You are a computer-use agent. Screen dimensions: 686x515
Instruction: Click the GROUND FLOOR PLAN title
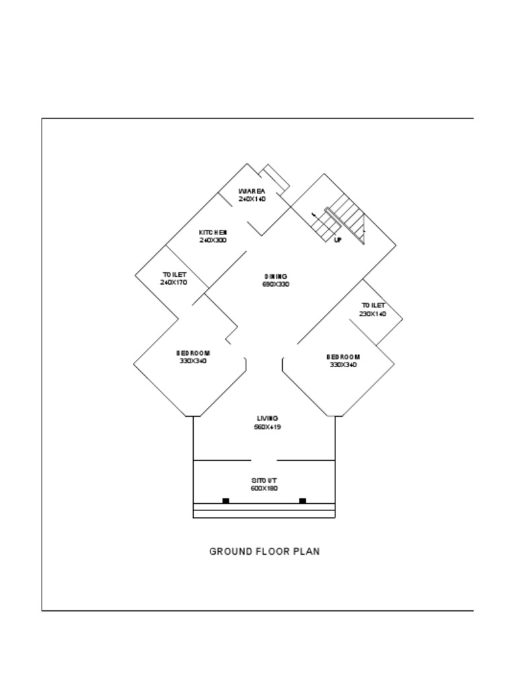pos(264,552)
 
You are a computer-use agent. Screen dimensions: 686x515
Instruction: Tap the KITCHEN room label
pos(213,232)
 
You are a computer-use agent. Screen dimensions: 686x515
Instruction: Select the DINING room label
pos(276,276)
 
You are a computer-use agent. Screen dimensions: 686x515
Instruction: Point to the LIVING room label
pos(267,419)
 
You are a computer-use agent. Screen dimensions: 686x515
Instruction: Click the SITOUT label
pos(264,481)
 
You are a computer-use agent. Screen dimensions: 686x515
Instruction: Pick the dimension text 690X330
pos(276,285)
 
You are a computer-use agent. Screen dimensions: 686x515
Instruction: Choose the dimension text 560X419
pos(267,427)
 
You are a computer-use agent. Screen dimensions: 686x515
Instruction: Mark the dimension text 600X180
pos(264,489)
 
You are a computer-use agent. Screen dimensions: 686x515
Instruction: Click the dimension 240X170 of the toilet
pos(174,283)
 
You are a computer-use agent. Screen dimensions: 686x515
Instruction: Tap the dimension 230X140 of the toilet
pos(373,314)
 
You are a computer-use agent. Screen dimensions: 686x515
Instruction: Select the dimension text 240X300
pos(213,240)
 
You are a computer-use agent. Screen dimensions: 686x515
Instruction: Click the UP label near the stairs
pos(337,240)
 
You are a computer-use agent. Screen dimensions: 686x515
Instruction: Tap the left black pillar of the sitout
pos(226,500)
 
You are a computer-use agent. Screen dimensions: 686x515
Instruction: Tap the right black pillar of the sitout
pos(302,500)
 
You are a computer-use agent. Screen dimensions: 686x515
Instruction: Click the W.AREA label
pos(251,191)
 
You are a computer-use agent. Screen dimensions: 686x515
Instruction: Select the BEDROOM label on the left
pos(193,353)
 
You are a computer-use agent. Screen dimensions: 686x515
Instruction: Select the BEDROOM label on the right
pos(343,357)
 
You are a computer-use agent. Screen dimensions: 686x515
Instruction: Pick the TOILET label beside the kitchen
pos(174,275)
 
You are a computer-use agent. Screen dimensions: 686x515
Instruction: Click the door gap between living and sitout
pos(264,461)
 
